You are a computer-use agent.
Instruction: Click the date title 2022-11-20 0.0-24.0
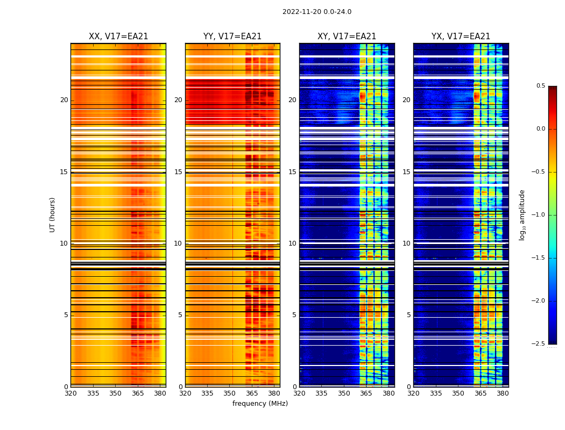[x=317, y=12]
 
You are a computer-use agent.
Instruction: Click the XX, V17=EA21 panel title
[x=118, y=37]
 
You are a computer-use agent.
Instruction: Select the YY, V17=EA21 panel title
[x=232, y=37]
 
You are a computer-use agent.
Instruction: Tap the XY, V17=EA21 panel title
[x=347, y=37]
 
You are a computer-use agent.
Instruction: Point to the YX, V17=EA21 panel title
[x=461, y=37]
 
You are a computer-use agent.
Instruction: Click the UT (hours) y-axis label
[x=52, y=214]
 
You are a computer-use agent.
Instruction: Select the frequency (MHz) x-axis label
[x=260, y=404]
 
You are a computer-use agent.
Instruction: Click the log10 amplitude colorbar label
[x=522, y=214]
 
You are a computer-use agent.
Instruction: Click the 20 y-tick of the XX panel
[x=64, y=100]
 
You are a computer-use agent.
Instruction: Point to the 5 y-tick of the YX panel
[x=409, y=315]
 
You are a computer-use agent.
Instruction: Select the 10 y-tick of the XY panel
[x=292, y=243]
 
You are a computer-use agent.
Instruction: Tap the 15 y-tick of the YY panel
[x=178, y=172]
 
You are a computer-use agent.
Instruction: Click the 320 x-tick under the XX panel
[x=70, y=393]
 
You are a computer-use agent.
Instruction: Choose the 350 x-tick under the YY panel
[x=230, y=393]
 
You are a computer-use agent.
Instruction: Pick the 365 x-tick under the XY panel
[x=366, y=393]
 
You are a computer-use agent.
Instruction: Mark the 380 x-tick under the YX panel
[x=503, y=393]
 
